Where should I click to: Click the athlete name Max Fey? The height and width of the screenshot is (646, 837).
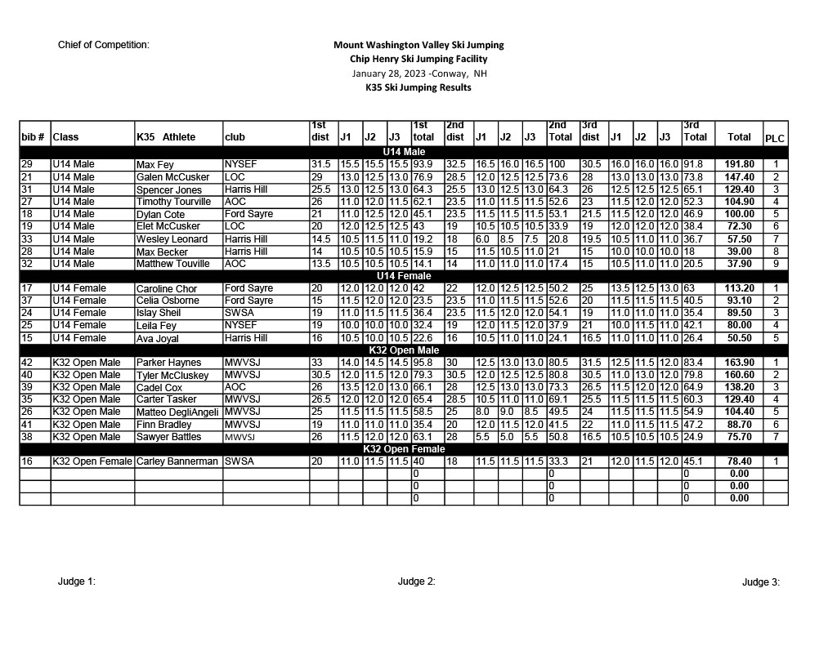154,165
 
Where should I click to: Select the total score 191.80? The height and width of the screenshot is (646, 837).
739,164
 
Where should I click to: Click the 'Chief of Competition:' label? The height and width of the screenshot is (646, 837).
104,45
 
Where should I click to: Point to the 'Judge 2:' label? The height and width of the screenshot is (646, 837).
416,581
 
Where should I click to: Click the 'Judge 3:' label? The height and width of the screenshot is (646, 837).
761,582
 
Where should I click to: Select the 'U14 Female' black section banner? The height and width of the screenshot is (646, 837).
404,276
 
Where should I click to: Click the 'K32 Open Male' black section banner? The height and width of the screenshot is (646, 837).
404,350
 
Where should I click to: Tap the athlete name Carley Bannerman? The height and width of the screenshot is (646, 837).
177,461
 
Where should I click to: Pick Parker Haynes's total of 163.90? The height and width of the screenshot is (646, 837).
739,363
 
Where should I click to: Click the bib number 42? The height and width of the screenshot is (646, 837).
27,363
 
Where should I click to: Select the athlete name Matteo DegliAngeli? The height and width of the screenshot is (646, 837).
178,412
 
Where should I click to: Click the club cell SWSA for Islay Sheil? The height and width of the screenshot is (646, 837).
239,313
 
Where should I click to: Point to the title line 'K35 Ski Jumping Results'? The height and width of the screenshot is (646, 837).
418,87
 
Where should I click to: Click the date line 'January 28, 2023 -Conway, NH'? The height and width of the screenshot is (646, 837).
418,74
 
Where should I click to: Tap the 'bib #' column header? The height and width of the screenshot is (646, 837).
34,137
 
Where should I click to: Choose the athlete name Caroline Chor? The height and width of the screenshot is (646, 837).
167,289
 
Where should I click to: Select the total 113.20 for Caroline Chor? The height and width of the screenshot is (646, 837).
739,288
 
